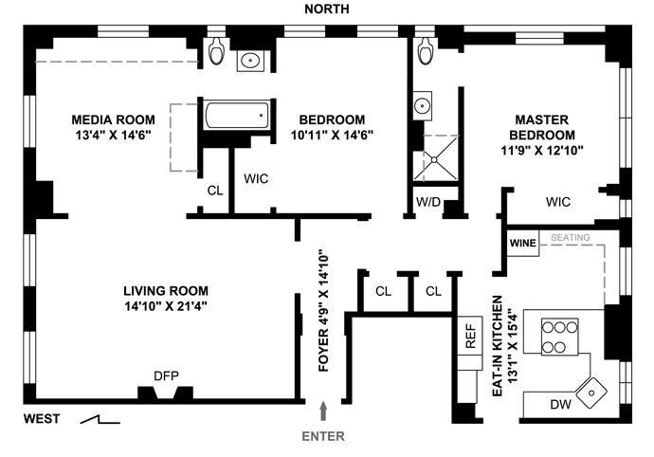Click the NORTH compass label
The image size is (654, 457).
coord(327,9)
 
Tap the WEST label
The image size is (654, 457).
coord(42,419)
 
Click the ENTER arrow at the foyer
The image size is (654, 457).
coord(323,411)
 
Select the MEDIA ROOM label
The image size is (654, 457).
coord(113,119)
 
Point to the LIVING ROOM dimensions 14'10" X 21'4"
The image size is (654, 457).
coord(166,306)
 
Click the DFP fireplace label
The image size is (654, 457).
coord(167,376)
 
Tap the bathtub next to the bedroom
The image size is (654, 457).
coord(237,114)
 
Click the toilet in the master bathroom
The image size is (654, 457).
coord(426,51)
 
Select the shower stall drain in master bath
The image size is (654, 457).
coord(434,160)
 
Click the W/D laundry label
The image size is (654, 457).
coord(428,202)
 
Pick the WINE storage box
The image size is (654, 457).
coord(522,243)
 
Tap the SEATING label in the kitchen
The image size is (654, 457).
coord(571,237)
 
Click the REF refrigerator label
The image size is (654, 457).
coord(470,337)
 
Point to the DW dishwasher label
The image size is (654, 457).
coord(560,404)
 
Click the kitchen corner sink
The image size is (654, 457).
coord(591,393)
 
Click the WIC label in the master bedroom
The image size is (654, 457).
coord(558,202)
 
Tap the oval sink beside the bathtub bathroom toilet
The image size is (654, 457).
coord(250,61)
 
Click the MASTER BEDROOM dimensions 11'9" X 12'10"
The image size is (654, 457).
coord(542,150)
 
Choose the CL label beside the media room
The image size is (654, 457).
coord(215,191)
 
